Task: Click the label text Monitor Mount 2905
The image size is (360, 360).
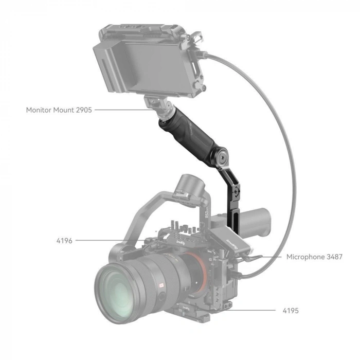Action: tap(59, 110)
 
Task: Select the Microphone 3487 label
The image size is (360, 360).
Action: tap(314, 256)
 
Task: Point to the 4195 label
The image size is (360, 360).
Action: tap(290, 311)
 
